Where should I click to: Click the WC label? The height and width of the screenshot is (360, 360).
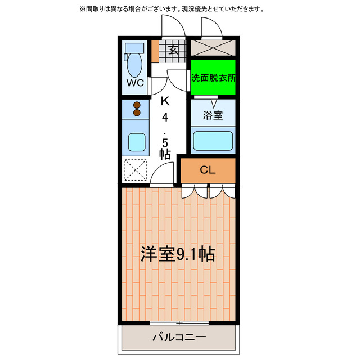134,83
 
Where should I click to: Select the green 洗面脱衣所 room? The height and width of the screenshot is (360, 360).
213,78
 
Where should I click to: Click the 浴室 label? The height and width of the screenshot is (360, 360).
213,116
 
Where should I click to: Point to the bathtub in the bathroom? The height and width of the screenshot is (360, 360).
213,140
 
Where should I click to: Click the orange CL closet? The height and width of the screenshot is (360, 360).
208,170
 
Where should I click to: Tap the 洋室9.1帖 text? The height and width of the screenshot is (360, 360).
178,254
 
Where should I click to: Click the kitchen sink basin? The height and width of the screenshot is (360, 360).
136,142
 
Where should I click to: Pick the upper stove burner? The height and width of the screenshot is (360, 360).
136,104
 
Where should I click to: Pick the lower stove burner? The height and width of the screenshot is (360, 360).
136,112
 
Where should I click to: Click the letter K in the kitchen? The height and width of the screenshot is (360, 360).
165,102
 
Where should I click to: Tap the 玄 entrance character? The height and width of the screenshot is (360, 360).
174,50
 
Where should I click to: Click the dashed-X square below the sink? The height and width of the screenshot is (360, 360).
135,170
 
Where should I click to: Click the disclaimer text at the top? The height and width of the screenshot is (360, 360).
179,10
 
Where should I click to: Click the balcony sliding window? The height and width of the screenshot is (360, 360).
179,322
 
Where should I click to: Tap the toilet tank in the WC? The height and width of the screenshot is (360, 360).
134,47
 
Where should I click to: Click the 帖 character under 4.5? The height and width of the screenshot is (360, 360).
165,153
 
